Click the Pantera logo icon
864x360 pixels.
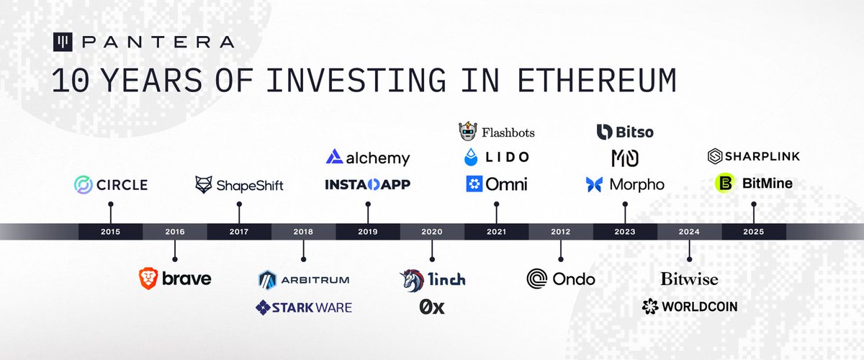(63, 42)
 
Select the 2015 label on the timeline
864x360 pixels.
(111, 232)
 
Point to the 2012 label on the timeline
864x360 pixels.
(560, 232)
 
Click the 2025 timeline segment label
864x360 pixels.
(754, 232)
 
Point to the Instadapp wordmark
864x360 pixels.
(368, 185)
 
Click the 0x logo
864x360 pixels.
(432, 307)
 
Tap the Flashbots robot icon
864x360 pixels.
(468, 132)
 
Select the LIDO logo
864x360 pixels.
(497, 157)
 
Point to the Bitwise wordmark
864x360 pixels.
(689, 279)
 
